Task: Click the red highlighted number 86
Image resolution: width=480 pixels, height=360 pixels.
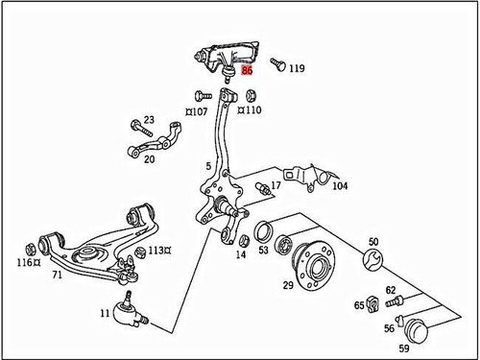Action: [x=248, y=70]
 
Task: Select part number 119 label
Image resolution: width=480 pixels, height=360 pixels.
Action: [x=297, y=69]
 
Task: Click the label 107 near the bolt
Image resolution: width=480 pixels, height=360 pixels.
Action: [x=199, y=111]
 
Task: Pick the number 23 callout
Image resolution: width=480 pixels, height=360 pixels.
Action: [x=148, y=119]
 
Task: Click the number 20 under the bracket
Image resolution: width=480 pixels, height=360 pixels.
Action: [x=149, y=160]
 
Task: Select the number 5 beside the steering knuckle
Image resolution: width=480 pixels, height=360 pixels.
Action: [x=206, y=166]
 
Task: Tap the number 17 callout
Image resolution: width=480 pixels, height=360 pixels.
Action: [x=276, y=185]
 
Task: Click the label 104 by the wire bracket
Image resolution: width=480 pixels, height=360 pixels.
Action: [x=340, y=186]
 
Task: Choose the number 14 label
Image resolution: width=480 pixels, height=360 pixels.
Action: [x=241, y=254]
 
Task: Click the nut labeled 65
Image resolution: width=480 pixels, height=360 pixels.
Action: [x=373, y=304]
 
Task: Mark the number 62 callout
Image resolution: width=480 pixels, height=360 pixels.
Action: [x=391, y=289]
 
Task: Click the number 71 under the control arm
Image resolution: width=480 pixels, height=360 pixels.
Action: [x=57, y=276]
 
